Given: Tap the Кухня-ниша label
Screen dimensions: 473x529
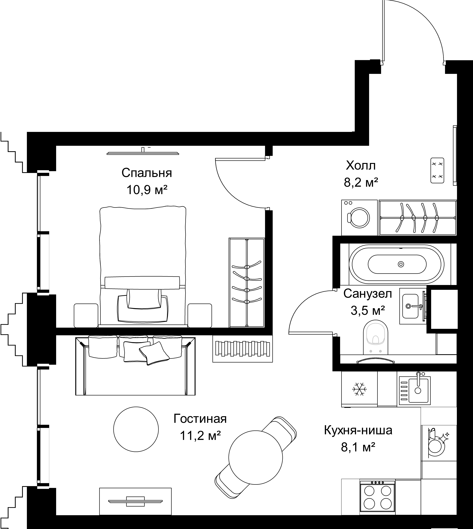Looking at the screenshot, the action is (x=358, y=430).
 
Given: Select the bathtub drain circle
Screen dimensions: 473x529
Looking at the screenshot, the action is (x=401, y=264).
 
